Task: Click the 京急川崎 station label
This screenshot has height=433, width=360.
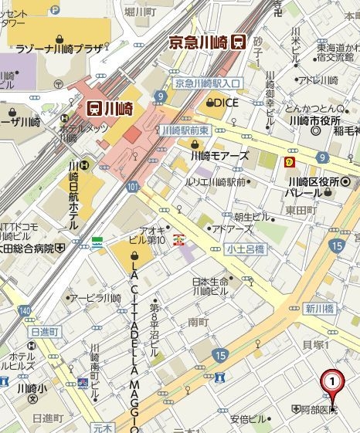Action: coord(198,42)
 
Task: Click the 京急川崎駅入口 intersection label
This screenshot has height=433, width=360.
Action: coord(208,83)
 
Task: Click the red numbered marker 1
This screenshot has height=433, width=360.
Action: coord(332,381)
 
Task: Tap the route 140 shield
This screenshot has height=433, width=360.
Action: coord(25,310)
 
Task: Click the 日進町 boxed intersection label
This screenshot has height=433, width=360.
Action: coord(44,331)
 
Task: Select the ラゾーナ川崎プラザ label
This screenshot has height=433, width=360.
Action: coord(60,49)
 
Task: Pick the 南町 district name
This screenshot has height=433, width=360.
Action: coord(198,321)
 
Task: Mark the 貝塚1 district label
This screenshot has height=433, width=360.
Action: coord(316,344)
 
